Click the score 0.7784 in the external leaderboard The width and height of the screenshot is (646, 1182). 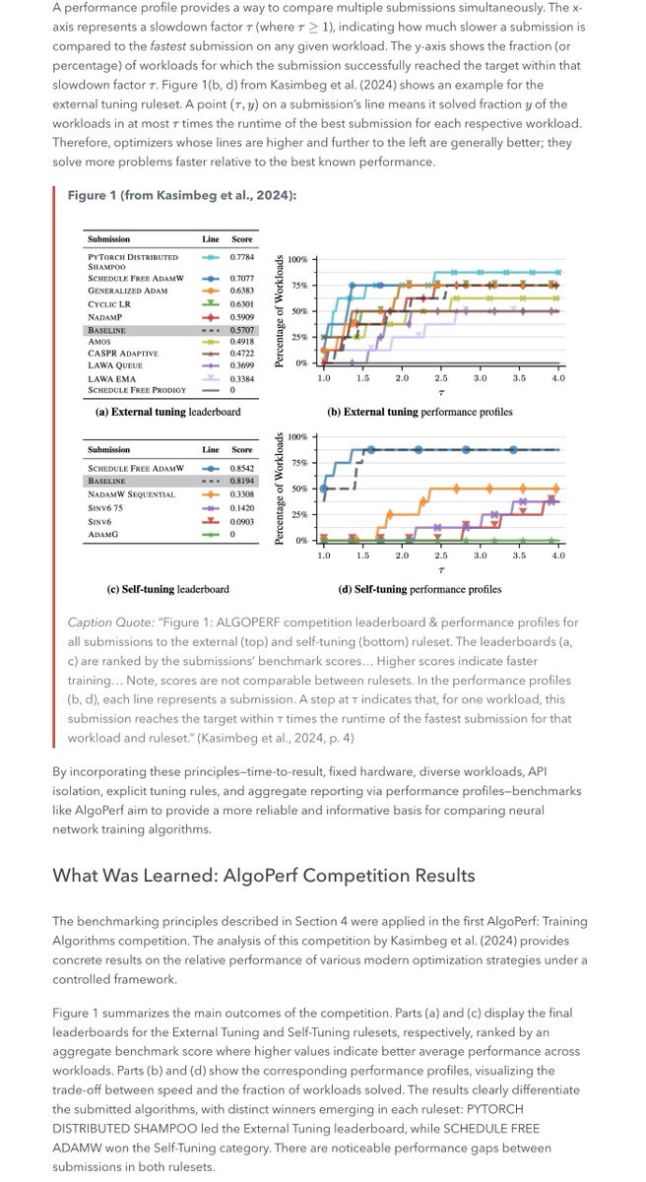point(241,257)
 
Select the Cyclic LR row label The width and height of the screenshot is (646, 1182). point(107,304)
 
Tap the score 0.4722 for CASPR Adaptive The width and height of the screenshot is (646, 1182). point(241,353)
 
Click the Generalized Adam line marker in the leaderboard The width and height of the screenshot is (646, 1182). point(210,292)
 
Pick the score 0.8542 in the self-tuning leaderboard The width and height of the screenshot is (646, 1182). point(241,468)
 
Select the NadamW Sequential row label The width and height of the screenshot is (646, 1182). point(131,494)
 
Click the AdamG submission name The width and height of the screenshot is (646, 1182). point(102,534)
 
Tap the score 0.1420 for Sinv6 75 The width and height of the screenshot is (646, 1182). point(241,507)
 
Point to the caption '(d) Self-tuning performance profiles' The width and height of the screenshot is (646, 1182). point(414,589)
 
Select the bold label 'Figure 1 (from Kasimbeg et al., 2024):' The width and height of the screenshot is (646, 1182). point(181,195)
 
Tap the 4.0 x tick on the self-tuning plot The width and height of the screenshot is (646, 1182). point(557,556)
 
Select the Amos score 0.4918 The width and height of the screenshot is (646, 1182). point(241,341)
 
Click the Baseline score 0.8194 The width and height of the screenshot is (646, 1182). point(241,481)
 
